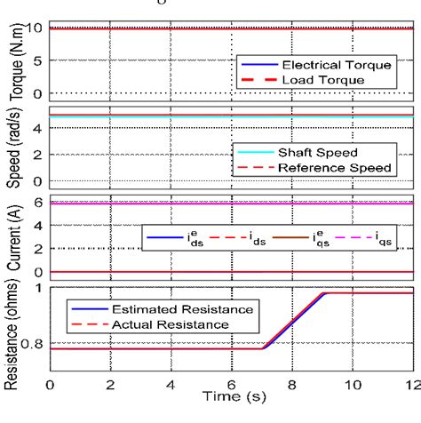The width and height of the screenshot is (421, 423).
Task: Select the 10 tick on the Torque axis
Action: pos(32,28)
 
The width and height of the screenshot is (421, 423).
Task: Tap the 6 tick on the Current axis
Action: pos(37,203)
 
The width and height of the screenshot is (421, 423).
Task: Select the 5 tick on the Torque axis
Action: pos(37,61)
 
